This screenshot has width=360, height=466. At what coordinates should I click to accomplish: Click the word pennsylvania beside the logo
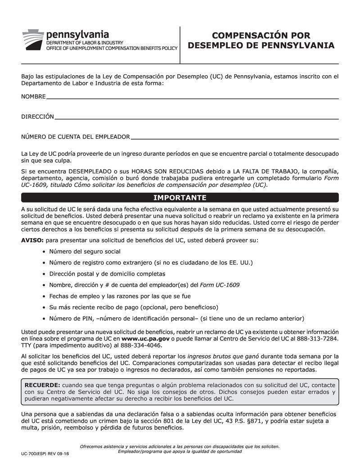pyautogui.click(x=77, y=34)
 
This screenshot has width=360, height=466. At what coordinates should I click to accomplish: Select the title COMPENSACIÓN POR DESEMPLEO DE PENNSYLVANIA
pyautogui.click(x=261, y=41)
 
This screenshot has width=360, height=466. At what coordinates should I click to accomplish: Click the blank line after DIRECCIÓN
pyautogui.click(x=196, y=118)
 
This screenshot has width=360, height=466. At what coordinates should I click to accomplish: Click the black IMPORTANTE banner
pyautogui.click(x=180, y=198)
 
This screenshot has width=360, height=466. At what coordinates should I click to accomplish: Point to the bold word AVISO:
pyautogui.click(x=32, y=240)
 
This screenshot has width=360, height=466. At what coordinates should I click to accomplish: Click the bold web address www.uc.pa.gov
pyautogui.click(x=145, y=338)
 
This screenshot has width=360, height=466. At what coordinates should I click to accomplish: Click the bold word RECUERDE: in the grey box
pyautogui.click(x=42, y=385)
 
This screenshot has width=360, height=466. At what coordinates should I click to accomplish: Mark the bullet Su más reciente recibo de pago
pyautogui.click(x=133, y=307)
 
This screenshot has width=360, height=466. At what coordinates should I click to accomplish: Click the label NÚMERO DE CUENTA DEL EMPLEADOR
pyautogui.click(x=76, y=137)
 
